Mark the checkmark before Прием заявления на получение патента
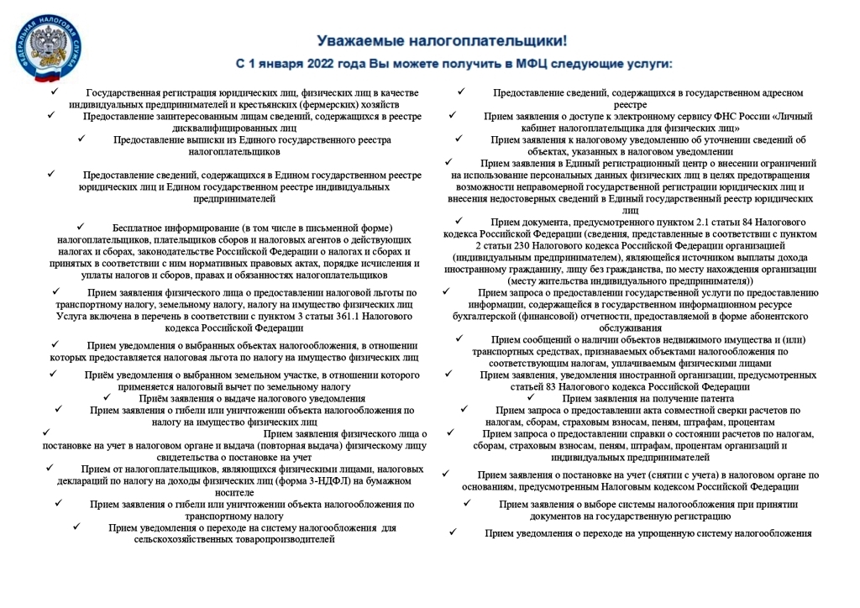click(531, 397)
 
